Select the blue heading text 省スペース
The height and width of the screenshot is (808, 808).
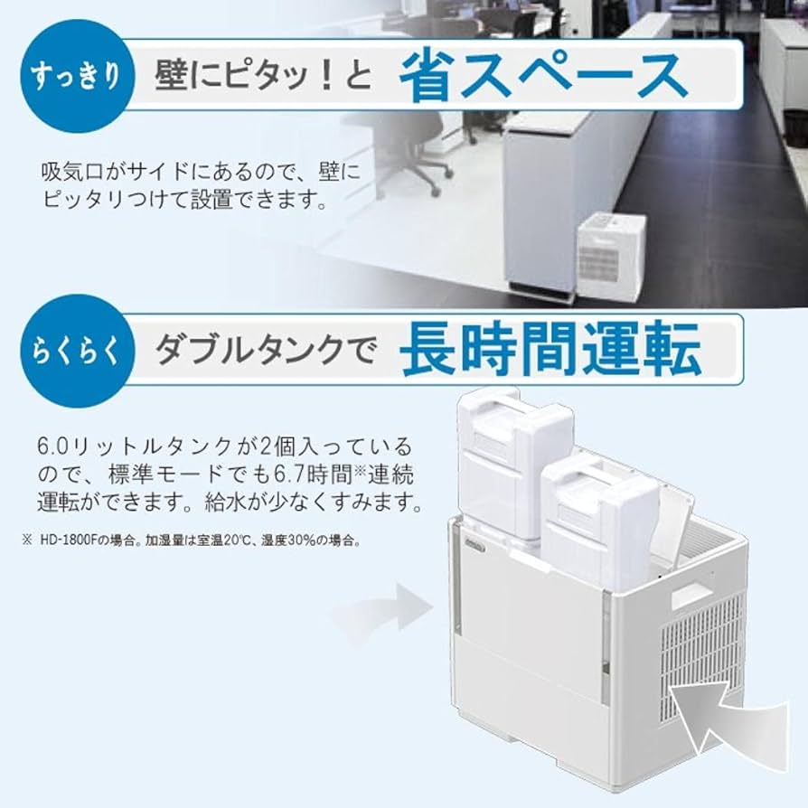click(542, 76)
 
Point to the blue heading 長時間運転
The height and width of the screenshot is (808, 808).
click(550, 349)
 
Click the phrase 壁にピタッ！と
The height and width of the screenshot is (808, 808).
click(263, 76)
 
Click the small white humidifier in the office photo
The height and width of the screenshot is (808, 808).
click(611, 255)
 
